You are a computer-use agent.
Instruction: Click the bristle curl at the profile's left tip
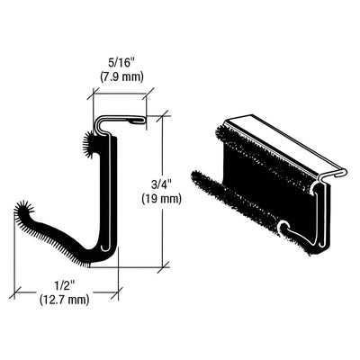(x=24, y=213)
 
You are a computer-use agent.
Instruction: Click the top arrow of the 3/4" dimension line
(x=162, y=116)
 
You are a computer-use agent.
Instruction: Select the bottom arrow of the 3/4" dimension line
(x=162, y=266)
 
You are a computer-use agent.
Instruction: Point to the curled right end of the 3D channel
(x=322, y=211)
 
